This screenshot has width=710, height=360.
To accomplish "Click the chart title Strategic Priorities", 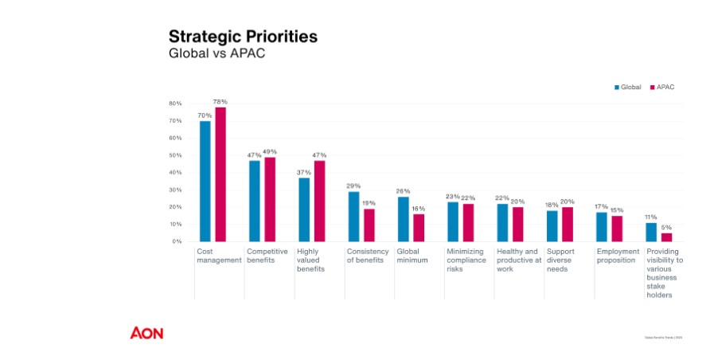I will (x=243, y=37).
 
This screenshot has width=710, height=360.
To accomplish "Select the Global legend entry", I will (x=627, y=87).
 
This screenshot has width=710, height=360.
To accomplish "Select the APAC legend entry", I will (x=662, y=87).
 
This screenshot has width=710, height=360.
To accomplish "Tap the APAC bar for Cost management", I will (x=220, y=174).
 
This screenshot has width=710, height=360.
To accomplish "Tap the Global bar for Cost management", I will (x=205, y=181).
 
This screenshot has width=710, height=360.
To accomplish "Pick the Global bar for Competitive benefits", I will (x=255, y=201).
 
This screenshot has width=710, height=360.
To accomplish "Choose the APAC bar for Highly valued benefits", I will (x=319, y=201).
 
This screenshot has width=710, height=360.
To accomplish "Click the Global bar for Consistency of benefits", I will (x=353, y=216).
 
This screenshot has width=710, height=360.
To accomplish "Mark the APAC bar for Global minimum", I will (x=419, y=227).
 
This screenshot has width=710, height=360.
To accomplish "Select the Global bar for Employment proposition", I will (x=602, y=226).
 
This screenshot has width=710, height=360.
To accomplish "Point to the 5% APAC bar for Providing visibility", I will (x=667, y=237).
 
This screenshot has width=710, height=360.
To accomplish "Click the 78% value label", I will (x=220, y=102).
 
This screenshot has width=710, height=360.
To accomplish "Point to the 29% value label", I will (x=353, y=186).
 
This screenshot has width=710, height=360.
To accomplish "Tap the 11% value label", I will (x=651, y=217).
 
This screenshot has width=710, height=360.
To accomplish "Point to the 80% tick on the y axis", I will (x=175, y=104).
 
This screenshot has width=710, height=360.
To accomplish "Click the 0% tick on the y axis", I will (x=177, y=241).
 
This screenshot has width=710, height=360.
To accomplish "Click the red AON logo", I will (x=146, y=333).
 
